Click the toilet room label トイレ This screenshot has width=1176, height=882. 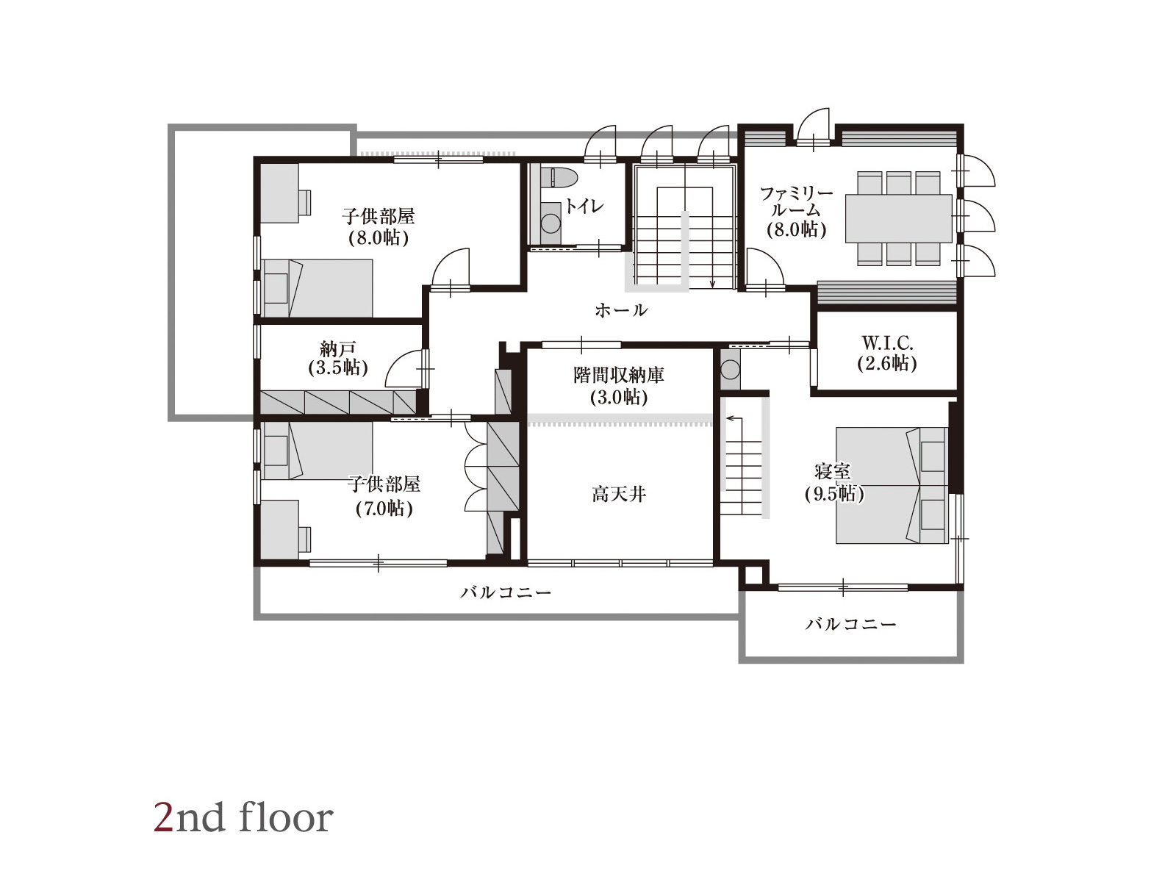coord(585,207)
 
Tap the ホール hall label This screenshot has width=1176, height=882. coord(621,310)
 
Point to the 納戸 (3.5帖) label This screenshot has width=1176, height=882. coord(338,358)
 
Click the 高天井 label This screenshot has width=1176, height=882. coord(619,493)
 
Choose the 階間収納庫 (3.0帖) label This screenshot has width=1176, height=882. coord(619,386)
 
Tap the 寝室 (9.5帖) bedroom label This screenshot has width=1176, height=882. coord(834,482)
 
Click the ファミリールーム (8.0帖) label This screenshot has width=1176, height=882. coord(796,212)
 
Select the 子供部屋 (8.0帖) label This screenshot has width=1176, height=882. coord(379,226)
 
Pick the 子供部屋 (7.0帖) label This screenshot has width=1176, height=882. coord(384,496)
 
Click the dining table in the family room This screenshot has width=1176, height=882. coord(898,218)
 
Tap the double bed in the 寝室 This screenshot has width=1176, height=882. coord(892,485)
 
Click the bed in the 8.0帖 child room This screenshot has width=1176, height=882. coord(318,288)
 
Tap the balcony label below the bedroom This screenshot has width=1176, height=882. coord(851,624)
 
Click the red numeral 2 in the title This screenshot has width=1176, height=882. coord(163,818)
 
